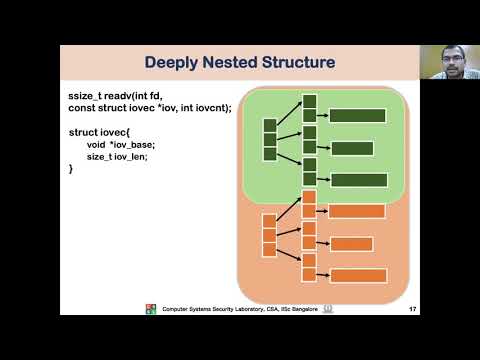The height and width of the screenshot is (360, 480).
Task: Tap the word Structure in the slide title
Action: click(294, 63)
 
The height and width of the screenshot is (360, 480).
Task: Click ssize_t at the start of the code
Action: click(87, 95)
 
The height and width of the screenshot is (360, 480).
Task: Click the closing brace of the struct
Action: click(71, 169)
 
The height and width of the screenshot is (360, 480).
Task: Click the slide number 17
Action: click(412, 309)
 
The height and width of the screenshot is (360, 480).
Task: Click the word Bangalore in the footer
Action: click(297, 309)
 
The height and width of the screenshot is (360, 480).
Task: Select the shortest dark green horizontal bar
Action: click(351, 148)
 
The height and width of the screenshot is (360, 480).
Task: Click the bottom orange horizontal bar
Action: click(358, 276)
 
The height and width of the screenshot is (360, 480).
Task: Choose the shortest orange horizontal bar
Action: click(351, 244)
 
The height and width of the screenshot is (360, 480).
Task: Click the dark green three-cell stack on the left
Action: click(269, 140)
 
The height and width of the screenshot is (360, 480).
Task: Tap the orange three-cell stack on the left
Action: click(268, 235)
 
